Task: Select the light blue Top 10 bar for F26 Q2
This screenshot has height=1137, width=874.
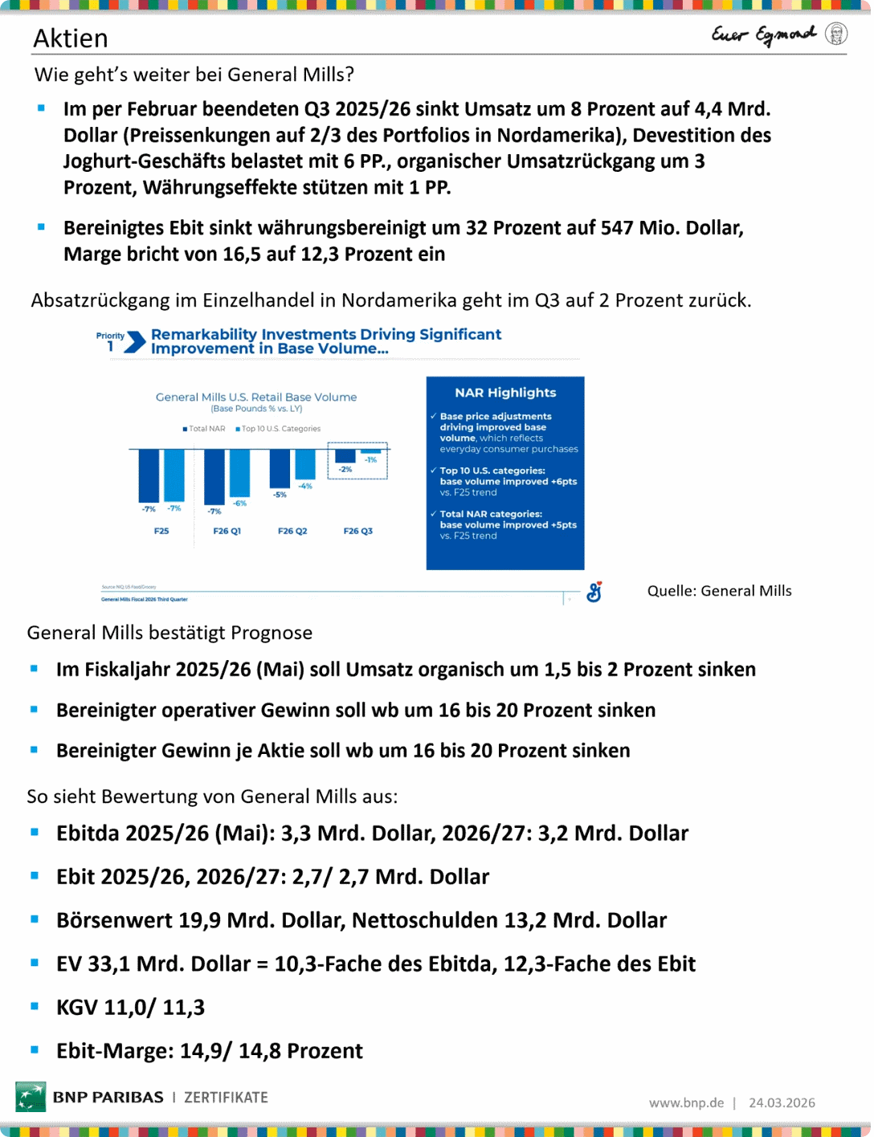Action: pyautogui.click(x=305, y=464)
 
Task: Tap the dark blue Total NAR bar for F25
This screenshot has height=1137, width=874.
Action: pyautogui.click(x=149, y=475)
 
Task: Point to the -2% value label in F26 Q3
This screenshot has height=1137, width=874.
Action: pyautogui.click(x=345, y=469)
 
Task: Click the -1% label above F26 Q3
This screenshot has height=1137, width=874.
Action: pyautogui.click(x=371, y=460)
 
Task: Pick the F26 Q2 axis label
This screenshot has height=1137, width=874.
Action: pyautogui.click(x=292, y=531)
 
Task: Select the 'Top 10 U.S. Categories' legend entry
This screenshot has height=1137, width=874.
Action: pyautogui.click(x=279, y=429)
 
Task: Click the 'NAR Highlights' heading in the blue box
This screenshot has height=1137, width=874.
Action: pyautogui.click(x=505, y=393)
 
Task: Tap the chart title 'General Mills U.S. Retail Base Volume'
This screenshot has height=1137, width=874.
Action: pyautogui.click(x=256, y=397)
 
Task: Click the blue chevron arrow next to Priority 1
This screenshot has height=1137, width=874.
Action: pyautogui.click(x=137, y=342)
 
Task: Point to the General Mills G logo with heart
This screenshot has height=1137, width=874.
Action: pyautogui.click(x=594, y=592)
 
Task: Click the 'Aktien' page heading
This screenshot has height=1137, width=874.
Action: pyautogui.click(x=71, y=39)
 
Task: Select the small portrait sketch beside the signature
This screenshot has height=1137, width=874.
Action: pyautogui.click(x=836, y=34)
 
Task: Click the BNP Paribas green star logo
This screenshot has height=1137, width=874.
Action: pyautogui.click(x=31, y=1097)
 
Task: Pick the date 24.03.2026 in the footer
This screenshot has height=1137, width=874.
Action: pyautogui.click(x=782, y=1103)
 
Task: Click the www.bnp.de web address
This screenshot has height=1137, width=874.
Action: pyautogui.click(x=686, y=1103)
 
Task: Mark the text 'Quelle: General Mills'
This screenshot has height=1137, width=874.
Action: pyautogui.click(x=719, y=591)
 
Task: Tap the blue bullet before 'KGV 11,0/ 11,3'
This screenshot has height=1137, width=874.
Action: pyautogui.click(x=35, y=1006)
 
